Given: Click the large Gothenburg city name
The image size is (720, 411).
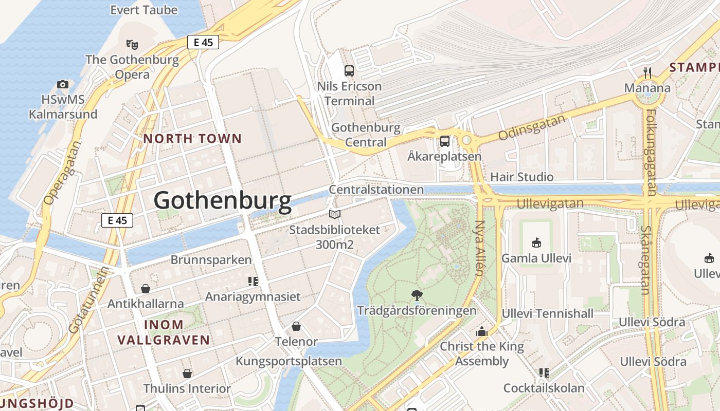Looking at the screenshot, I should (222, 200).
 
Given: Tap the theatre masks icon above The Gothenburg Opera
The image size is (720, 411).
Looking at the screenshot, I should (132, 44).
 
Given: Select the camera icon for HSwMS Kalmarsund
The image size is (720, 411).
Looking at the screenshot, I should (63, 84).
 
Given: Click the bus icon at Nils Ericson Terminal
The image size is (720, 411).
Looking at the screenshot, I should (349, 71).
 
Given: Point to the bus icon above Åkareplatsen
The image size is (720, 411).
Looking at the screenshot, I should (444, 141).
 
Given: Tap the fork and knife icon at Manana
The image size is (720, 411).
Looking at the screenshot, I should (647, 72).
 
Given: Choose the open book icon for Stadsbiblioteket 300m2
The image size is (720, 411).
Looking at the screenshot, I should (335, 215).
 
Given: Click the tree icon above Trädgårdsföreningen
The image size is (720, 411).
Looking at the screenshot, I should (417, 295).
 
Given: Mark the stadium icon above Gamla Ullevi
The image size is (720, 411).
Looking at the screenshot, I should (536, 242).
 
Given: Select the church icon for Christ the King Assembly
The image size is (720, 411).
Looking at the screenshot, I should (481, 331).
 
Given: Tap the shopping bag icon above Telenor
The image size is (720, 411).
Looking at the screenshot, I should (296, 326).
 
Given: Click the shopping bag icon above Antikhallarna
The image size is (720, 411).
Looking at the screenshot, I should (146, 289).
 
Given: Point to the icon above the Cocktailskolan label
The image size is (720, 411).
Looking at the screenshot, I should (544, 373).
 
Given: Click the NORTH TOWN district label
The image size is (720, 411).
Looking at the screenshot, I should (192, 139).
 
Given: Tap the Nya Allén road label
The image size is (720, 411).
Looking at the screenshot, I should (480, 248).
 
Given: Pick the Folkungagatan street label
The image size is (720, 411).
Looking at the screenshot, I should (651, 152).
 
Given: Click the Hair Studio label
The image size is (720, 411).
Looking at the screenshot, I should (521, 177).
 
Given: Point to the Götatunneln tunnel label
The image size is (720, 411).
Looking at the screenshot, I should (89, 300).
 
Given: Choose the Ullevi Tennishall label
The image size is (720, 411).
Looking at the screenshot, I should (547, 313).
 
